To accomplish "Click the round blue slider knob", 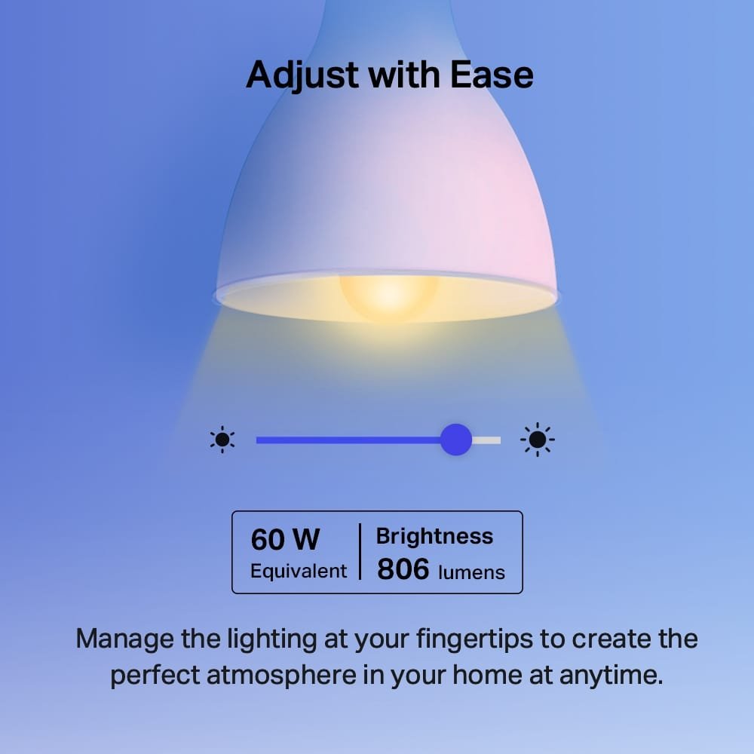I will coord(455,440).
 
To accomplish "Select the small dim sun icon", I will coord(222,440).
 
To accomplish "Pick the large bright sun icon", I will coord(538,440).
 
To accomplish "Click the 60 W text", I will coord(285,540).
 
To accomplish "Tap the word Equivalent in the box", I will coord(299,571).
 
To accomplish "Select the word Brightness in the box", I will coord(434,536).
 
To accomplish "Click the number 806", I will coord(403,570).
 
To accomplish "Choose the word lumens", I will coord(471,572).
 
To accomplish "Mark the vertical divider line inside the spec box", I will coord(360,552).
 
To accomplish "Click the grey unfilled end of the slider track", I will coord(487,440).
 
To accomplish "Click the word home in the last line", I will coord(483,675).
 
